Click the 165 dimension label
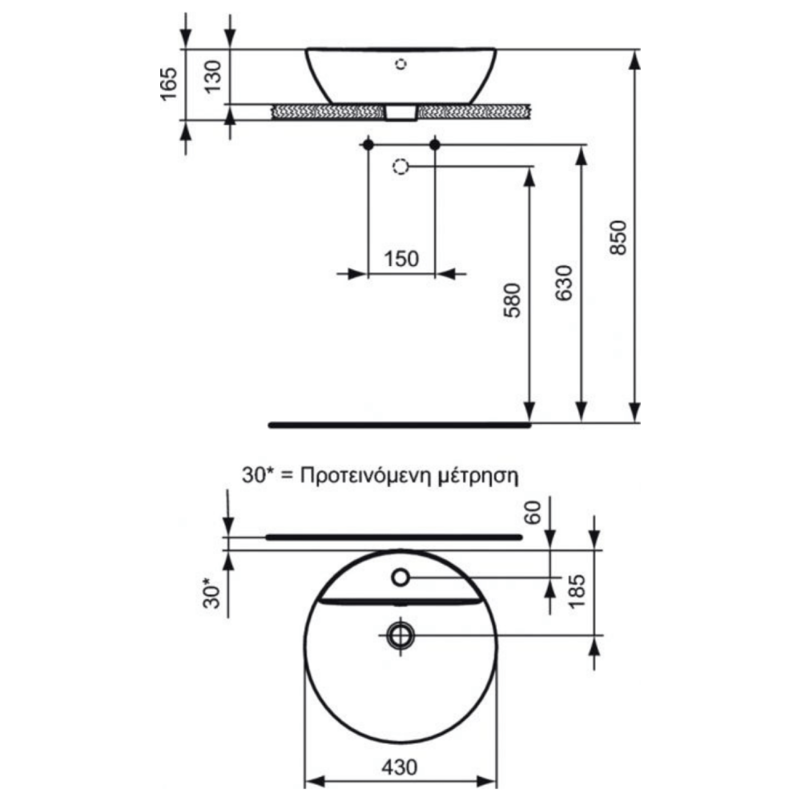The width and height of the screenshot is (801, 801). point(168,84)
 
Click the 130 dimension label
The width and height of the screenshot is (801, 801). point(213,76)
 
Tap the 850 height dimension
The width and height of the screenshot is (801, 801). point(618,238)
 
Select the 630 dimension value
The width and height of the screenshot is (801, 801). point(565,283)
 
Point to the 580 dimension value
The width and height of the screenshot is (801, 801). point(513,300)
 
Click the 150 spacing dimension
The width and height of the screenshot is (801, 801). point(401,259)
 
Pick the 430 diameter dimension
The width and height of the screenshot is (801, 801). point(400,767)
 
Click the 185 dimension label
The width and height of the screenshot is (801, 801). point(577,591)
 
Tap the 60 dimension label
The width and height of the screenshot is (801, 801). point(533,513)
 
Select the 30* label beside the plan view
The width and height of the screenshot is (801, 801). point(212,593)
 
